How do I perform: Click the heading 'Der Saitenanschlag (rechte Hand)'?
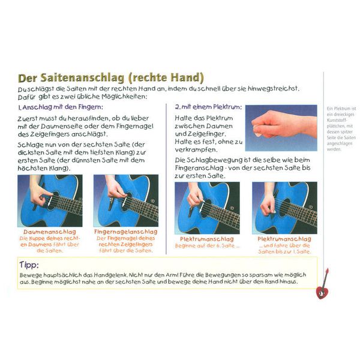[111, 78]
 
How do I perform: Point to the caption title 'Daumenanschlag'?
[48, 231]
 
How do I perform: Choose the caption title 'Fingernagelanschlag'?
[126, 231]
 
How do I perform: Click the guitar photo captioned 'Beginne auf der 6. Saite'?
[207, 208]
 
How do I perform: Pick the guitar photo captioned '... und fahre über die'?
[284, 208]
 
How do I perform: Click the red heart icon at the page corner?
[322, 292]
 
